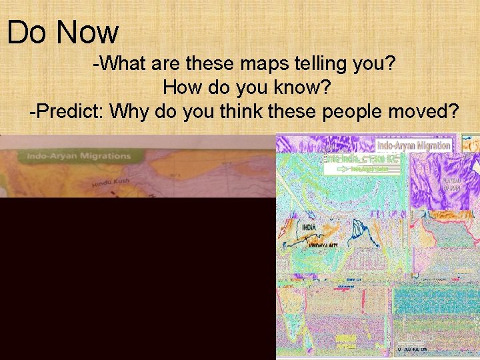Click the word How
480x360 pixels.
coord(182,87)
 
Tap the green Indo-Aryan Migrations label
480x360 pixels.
coord(78,156)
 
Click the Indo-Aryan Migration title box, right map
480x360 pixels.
coord(414,145)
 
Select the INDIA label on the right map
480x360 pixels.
coord(309,227)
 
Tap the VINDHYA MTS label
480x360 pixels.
coord(323,245)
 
